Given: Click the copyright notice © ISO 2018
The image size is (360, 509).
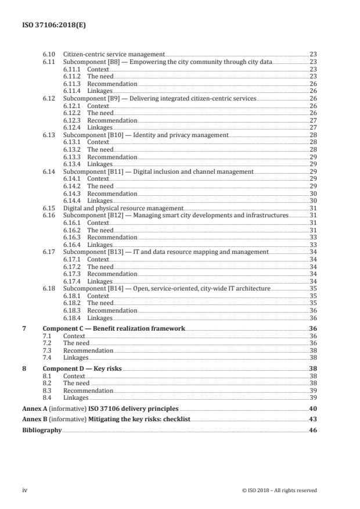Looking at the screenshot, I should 279,490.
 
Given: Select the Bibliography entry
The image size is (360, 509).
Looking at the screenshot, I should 42,430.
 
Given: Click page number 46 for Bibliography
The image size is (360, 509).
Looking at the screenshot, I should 312,430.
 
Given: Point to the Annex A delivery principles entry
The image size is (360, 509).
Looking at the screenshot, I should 100,409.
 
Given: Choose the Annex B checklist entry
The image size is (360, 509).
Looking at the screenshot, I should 106,420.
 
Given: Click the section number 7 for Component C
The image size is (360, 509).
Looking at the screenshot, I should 24,328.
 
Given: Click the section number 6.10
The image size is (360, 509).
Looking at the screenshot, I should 49,54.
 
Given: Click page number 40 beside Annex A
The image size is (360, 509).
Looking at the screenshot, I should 312,409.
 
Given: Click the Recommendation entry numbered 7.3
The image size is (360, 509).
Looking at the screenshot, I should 88,350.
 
